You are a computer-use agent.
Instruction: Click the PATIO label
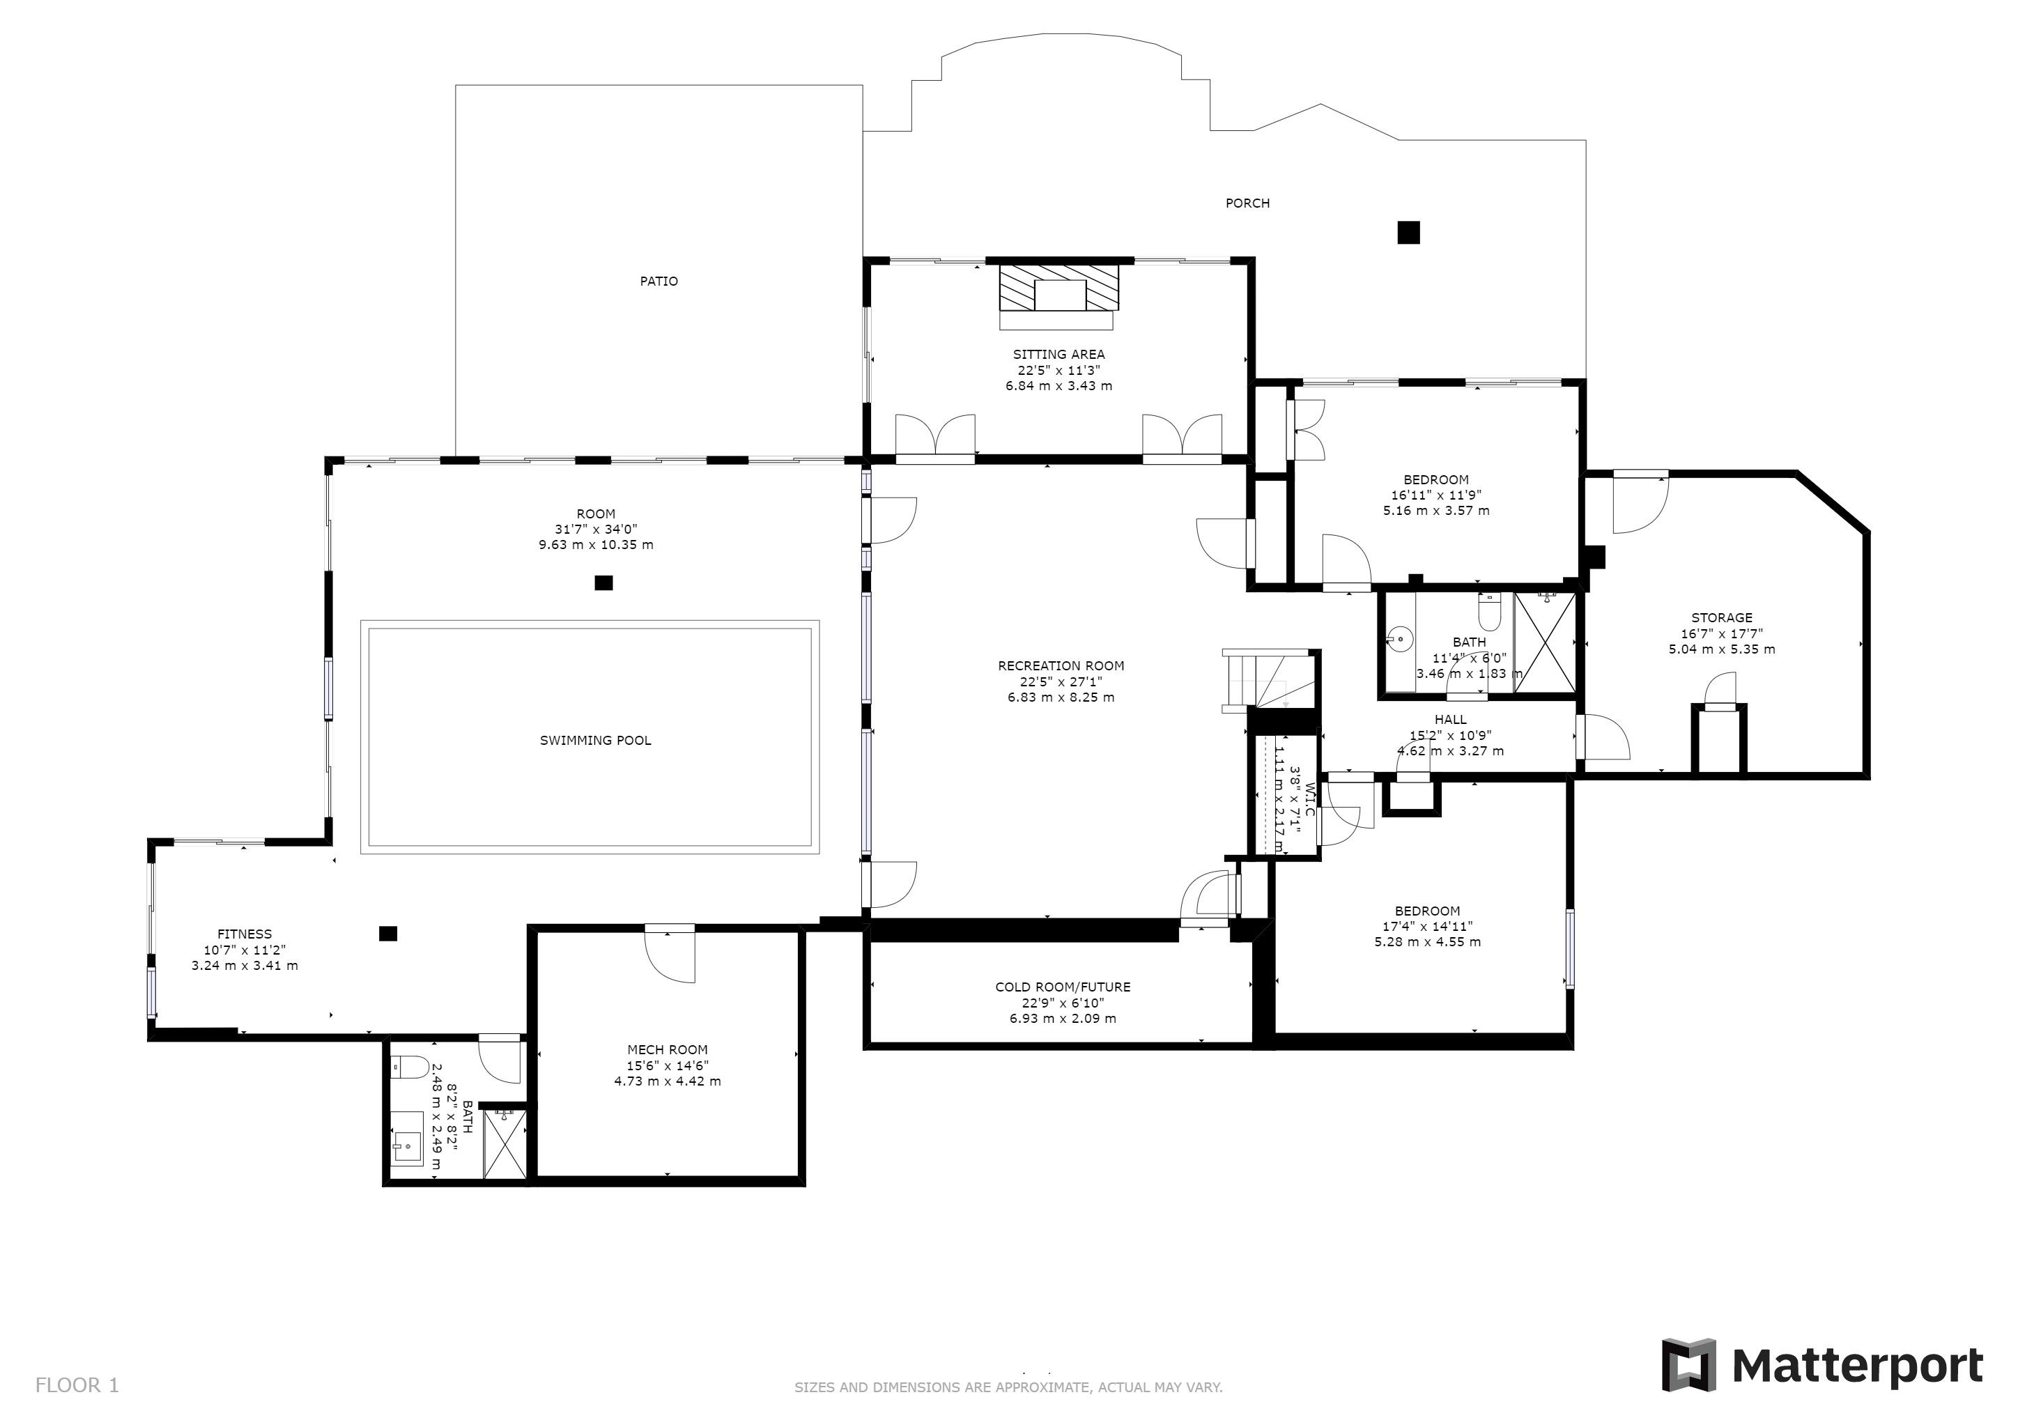pyautogui.click(x=658, y=281)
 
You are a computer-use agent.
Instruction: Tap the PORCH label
pyautogui.click(x=1247, y=203)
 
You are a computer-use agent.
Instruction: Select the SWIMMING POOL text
pyautogui.click(x=595, y=741)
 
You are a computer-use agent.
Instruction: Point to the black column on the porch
pyautogui.click(x=1408, y=232)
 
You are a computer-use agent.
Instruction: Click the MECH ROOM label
pyautogui.click(x=667, y=1049)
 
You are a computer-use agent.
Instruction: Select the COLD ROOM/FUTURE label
pyautogui.click(x=1062, y=987)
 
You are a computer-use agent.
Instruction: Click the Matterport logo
pyautogui.click(x=1822, y=1364)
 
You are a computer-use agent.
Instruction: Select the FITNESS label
pyautogui.click(x=245, y=934)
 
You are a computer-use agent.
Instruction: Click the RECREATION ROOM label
pyautogui.click(x=1061, y=666)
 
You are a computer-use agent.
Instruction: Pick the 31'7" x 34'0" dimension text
pyautogui.click(x=595, y=529)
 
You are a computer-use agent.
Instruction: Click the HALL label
pyautogui.click(x=1450, y=720)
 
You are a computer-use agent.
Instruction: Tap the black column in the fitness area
pyautogui.click(x=387, y=933)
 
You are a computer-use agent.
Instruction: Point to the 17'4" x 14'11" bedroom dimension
pyautogui.click(x=1427, y=926)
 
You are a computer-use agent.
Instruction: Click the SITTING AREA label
pyautogui.click(x=1058, y=355)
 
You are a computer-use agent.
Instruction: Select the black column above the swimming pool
pyautogui.click(x=603, y=583)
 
